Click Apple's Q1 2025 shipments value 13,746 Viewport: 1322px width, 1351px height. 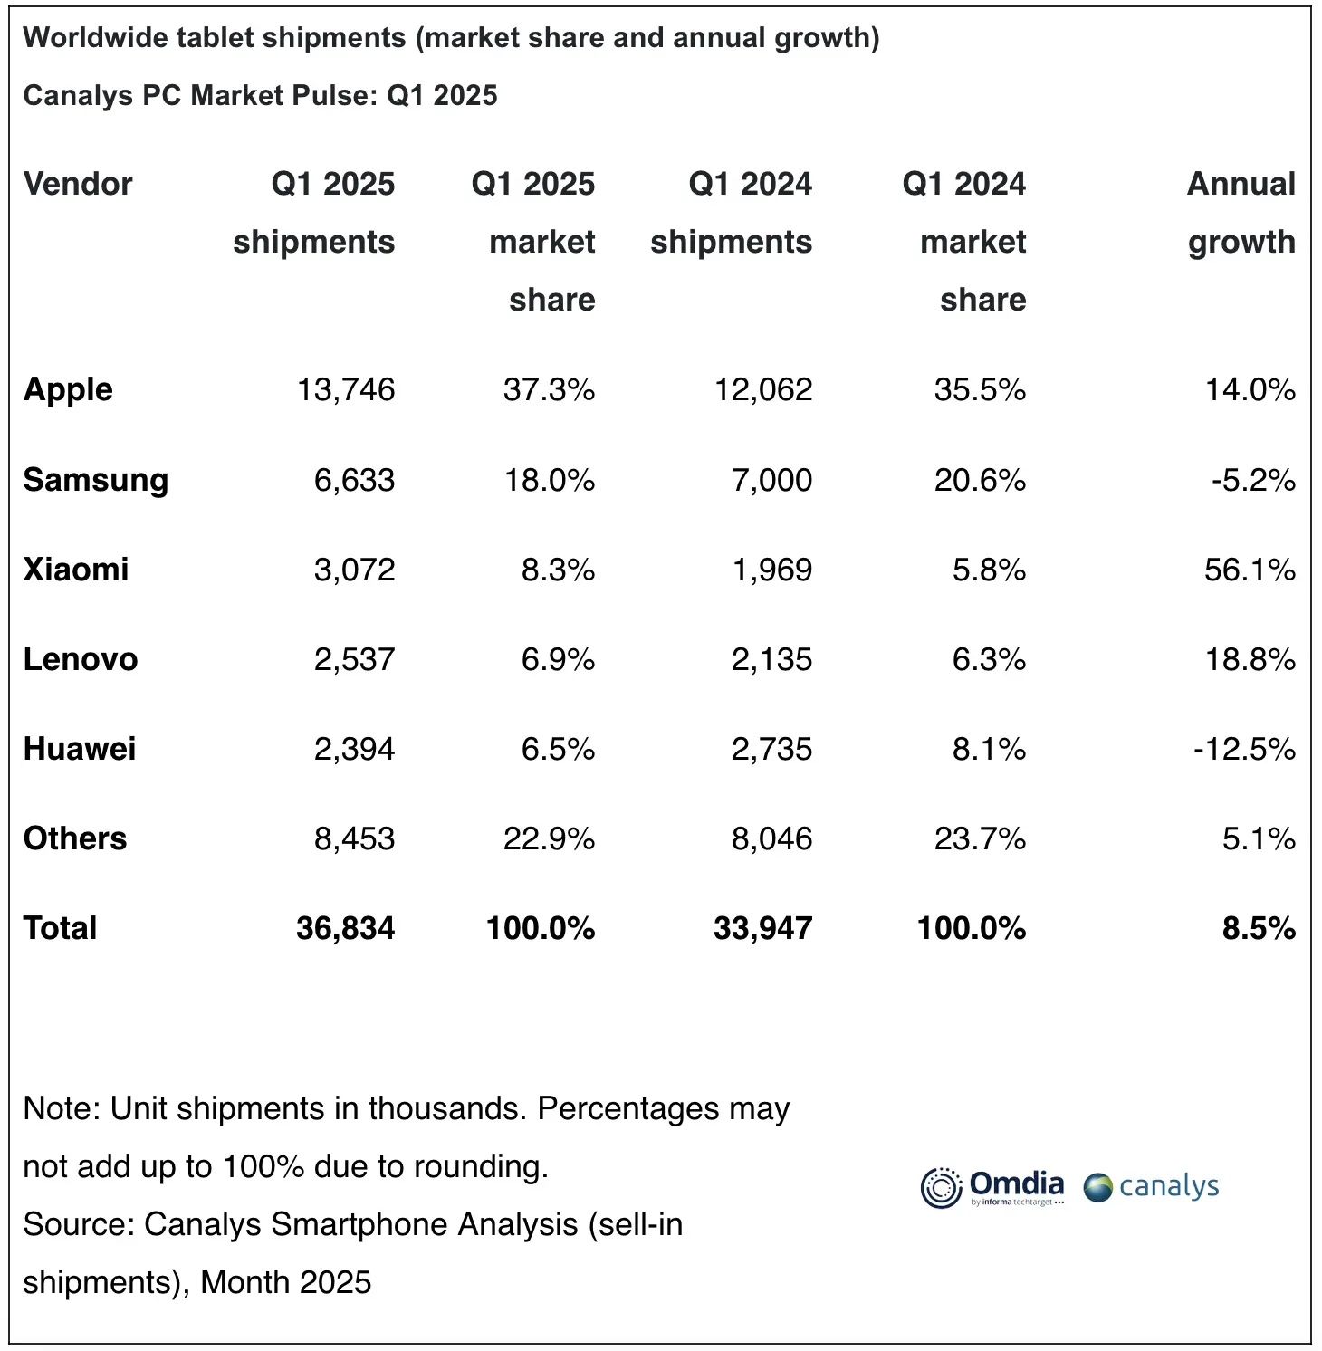point(346,389)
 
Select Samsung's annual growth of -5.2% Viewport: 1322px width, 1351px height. point(1253,480)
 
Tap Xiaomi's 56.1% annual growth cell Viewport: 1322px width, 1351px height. point(1250,570)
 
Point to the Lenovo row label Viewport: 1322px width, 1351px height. point(81,659)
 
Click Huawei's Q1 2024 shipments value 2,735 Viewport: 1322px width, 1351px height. point(771,749)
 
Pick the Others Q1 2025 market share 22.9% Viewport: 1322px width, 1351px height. point(549,838)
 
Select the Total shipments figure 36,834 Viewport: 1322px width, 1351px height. point(345,928)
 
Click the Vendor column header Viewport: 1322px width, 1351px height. point(78,184)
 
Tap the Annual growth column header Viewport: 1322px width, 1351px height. point(1241,213)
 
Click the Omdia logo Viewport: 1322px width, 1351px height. point(992,1187)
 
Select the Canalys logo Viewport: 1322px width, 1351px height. point(1152,1187)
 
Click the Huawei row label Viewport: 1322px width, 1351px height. point(80,749)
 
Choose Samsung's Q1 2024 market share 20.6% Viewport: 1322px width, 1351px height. point(980,480)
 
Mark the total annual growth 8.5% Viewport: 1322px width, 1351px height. point(1259,928)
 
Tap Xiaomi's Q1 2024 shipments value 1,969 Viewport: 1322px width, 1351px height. point(771,570)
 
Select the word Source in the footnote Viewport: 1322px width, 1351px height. point(78,1224)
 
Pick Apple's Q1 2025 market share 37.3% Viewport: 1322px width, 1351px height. point(549,389)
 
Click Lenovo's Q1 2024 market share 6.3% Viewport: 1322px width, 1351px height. point(989,659)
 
